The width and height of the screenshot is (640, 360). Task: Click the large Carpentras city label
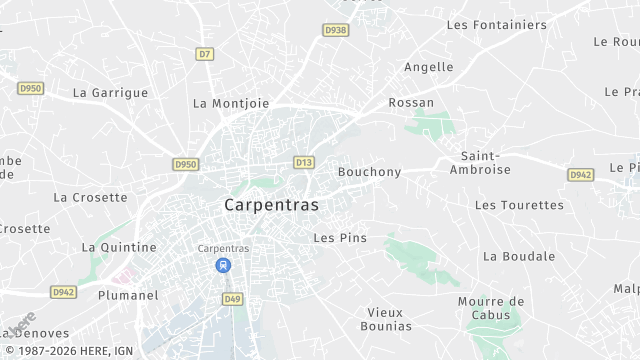tap(272, 204)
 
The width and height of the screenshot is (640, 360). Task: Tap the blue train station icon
tap(223, 266)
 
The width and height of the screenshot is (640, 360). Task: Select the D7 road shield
tap(205, 53)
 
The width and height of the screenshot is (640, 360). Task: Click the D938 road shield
tap(336, 31)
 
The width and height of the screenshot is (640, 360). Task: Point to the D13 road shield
tap(304, 161)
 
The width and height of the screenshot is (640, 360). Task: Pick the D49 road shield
tap(233, 298)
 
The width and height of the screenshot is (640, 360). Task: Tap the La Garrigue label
tap(110, 92)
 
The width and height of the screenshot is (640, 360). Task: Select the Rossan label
tap(411, 102)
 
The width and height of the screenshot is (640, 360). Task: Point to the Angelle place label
tap(428, 67)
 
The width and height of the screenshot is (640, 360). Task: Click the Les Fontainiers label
tap(497, 24)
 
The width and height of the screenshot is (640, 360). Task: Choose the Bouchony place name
tap(369, 171)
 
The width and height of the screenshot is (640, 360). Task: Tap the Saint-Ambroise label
tap(486, 162)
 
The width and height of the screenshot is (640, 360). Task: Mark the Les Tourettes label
tap(519, 205)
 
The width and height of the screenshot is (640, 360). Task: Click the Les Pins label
tap(340, 237)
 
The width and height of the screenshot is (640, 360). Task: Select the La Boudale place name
tap(518, 255)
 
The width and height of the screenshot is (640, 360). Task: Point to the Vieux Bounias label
tap(385, 319)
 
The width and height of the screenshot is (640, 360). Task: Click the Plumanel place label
tap(128, 295)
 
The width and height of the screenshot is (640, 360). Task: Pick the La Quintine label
tap(119, 246)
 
